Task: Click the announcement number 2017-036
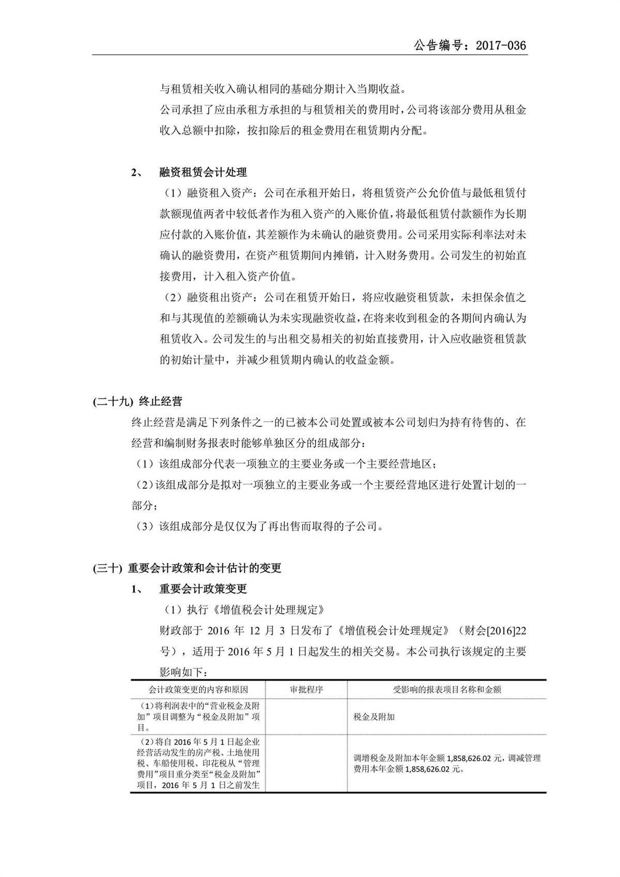[x=500, y=46]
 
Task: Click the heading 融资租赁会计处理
[x=203, y=172]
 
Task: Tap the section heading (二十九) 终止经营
[x=137, y=401]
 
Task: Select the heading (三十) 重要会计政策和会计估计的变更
[x=187, y=568]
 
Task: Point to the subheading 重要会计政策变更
[x=203, y=589]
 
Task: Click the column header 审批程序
[x=306, y=689]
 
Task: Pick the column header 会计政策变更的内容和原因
[x=198, y=689]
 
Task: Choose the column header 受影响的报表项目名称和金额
[x=447, y=689]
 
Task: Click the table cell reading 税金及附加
[x=374, y=717]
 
